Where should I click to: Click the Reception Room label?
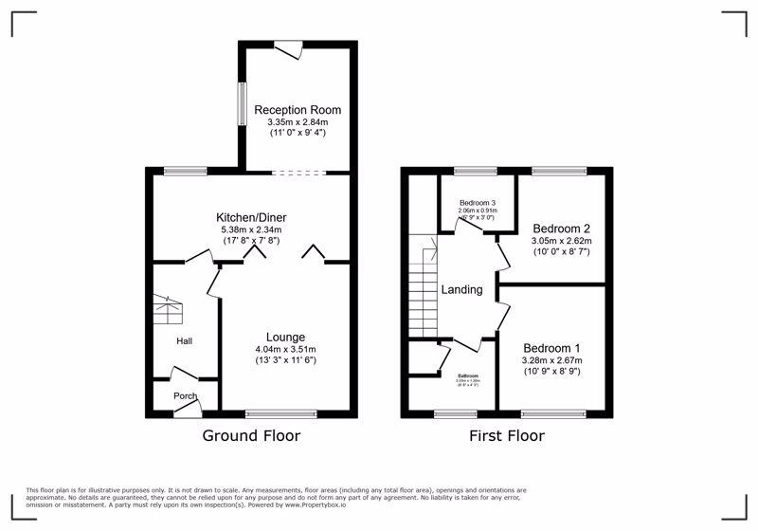[298, 110]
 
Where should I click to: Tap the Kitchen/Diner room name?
[251, 217]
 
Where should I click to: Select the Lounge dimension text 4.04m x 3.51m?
[285, 349]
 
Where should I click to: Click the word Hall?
[184, 340]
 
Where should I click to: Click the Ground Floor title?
[251, 436]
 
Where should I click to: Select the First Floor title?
[507, 436]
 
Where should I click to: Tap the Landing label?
[462, 289]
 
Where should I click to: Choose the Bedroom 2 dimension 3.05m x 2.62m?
[561, 242]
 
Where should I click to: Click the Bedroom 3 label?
[478, 203]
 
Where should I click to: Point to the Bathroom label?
[468, 375]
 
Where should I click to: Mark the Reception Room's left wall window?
[242, 104]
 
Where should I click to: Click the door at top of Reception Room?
[288, 46]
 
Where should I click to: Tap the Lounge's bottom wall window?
[281, 413]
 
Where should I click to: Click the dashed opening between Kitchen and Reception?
[298, 173]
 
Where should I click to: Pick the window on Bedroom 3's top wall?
[475, 172]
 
